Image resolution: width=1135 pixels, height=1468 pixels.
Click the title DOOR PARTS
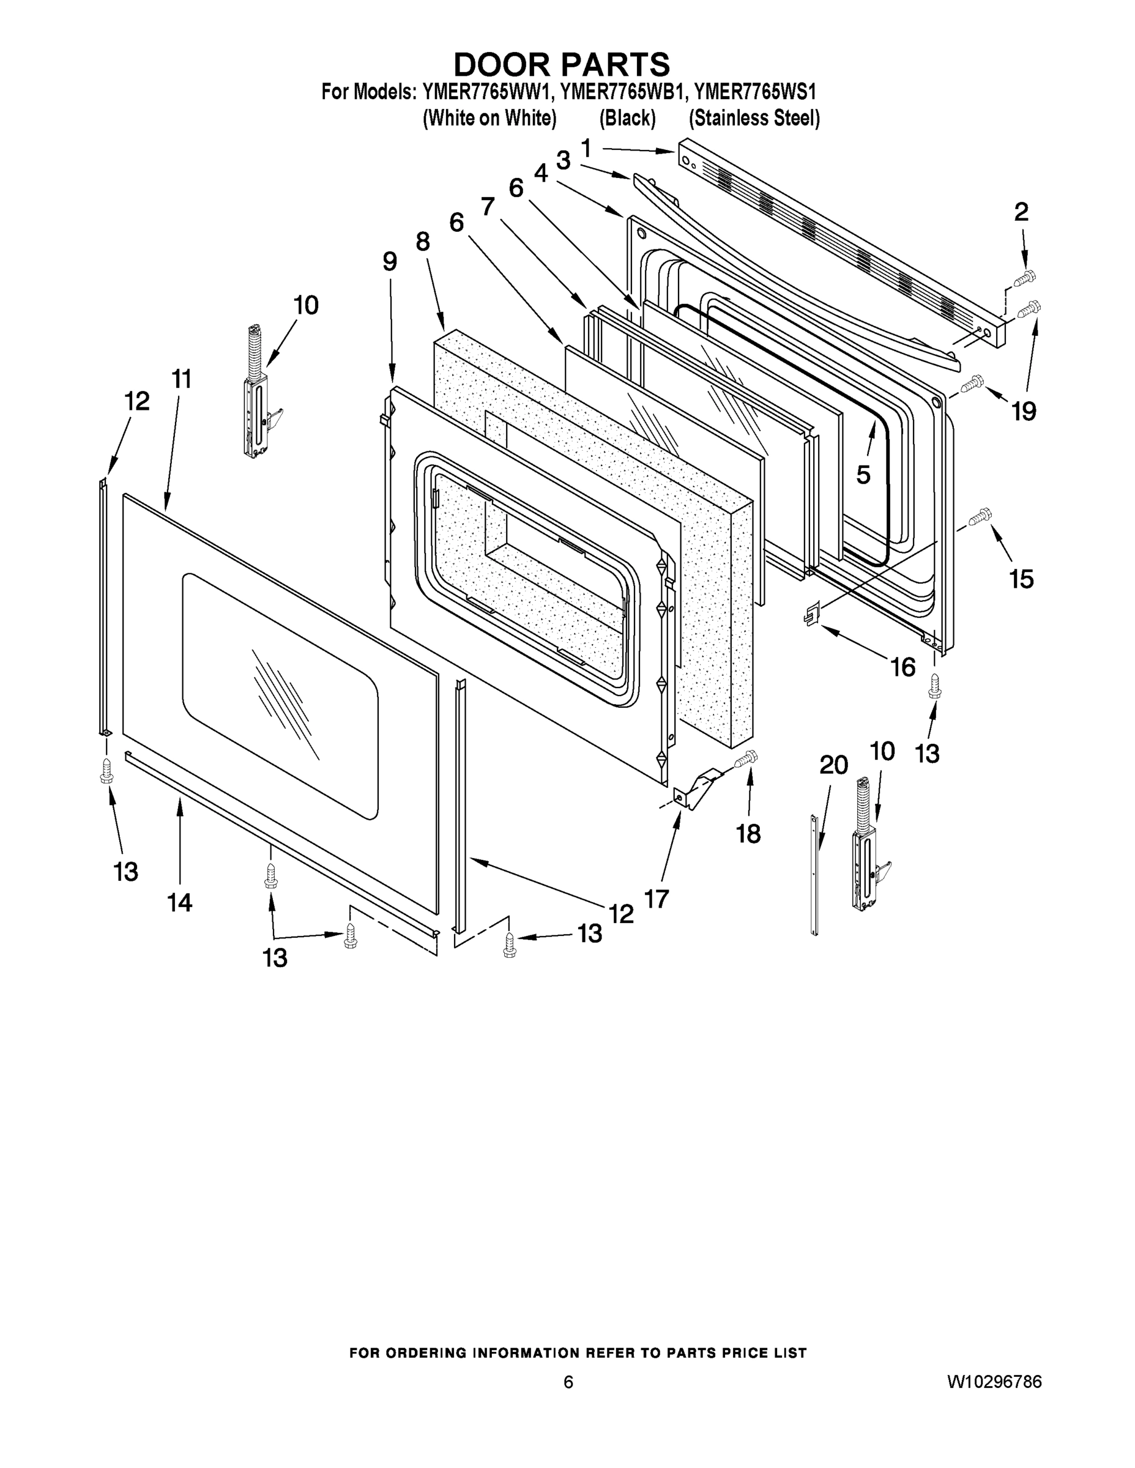(x=562, y=64)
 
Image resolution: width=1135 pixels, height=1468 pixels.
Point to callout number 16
(x=902, y=667)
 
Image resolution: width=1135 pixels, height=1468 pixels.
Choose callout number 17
(x=657, y=898)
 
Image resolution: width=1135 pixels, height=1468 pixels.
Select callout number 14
(x=179, y=902)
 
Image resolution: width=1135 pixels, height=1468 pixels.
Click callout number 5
(x=863, y=475)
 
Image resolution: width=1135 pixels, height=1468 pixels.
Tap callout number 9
(x=390, y=261)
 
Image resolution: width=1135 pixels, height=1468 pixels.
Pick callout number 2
(x=1021, y=212)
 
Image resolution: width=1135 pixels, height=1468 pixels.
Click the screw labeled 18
(x=745, y=759)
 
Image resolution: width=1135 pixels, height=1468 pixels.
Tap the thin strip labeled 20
(x=815, y=874)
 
